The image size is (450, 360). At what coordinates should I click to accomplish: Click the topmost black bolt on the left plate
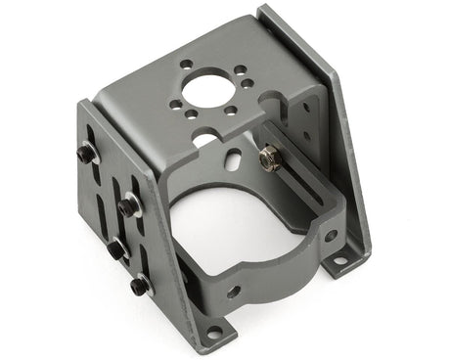tap(87, 154)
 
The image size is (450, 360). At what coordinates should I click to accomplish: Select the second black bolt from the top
tap(129, 206)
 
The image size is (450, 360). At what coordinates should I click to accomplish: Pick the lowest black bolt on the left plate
tap(140, 286)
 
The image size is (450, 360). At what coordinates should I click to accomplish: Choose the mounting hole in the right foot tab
tap(339, 261)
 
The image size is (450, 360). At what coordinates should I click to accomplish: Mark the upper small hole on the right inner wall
tap(305, 108)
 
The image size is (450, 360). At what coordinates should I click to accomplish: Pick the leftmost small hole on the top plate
tap(175, 104)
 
